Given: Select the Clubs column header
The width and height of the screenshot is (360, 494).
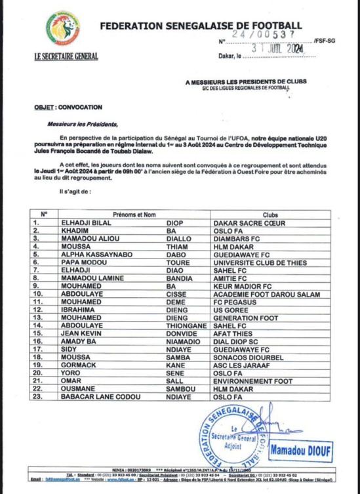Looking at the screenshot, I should coord(271,214).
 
